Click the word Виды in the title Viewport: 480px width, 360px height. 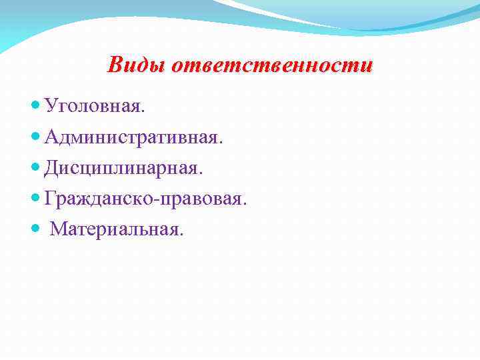click(x=137, y=65)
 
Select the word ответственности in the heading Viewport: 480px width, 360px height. click(x=273, y=65)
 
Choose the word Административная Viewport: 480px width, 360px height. click(x=130, y=137)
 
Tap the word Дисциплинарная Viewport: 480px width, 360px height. click(x=119, y=168)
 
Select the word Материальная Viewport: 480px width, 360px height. click(x=113, y=229)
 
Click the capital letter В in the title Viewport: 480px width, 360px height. click(x=115, y=65)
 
